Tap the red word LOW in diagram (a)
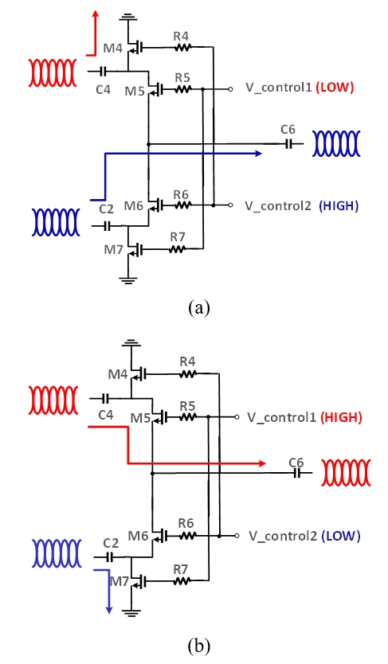click(336, 88)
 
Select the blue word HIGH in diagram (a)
click(339, 205)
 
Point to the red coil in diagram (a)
click(53, 72)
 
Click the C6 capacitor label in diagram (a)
click(288, 129)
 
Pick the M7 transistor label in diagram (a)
click(113, 250)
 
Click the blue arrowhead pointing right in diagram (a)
click(258, 154)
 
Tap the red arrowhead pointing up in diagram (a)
click(96, 14)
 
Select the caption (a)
click(198, 307)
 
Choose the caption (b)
click(199, 646)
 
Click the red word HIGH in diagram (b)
click(341, 417)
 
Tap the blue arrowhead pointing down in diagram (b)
click(109, 609)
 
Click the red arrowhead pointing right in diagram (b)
click(262, 463)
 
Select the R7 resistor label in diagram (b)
click(180, 569)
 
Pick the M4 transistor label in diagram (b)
click(117, 374)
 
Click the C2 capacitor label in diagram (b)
click(111, 543)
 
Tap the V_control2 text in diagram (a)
click(278, 206)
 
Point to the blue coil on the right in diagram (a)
click(336, 143)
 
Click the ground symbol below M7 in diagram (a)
click(127, 279)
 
